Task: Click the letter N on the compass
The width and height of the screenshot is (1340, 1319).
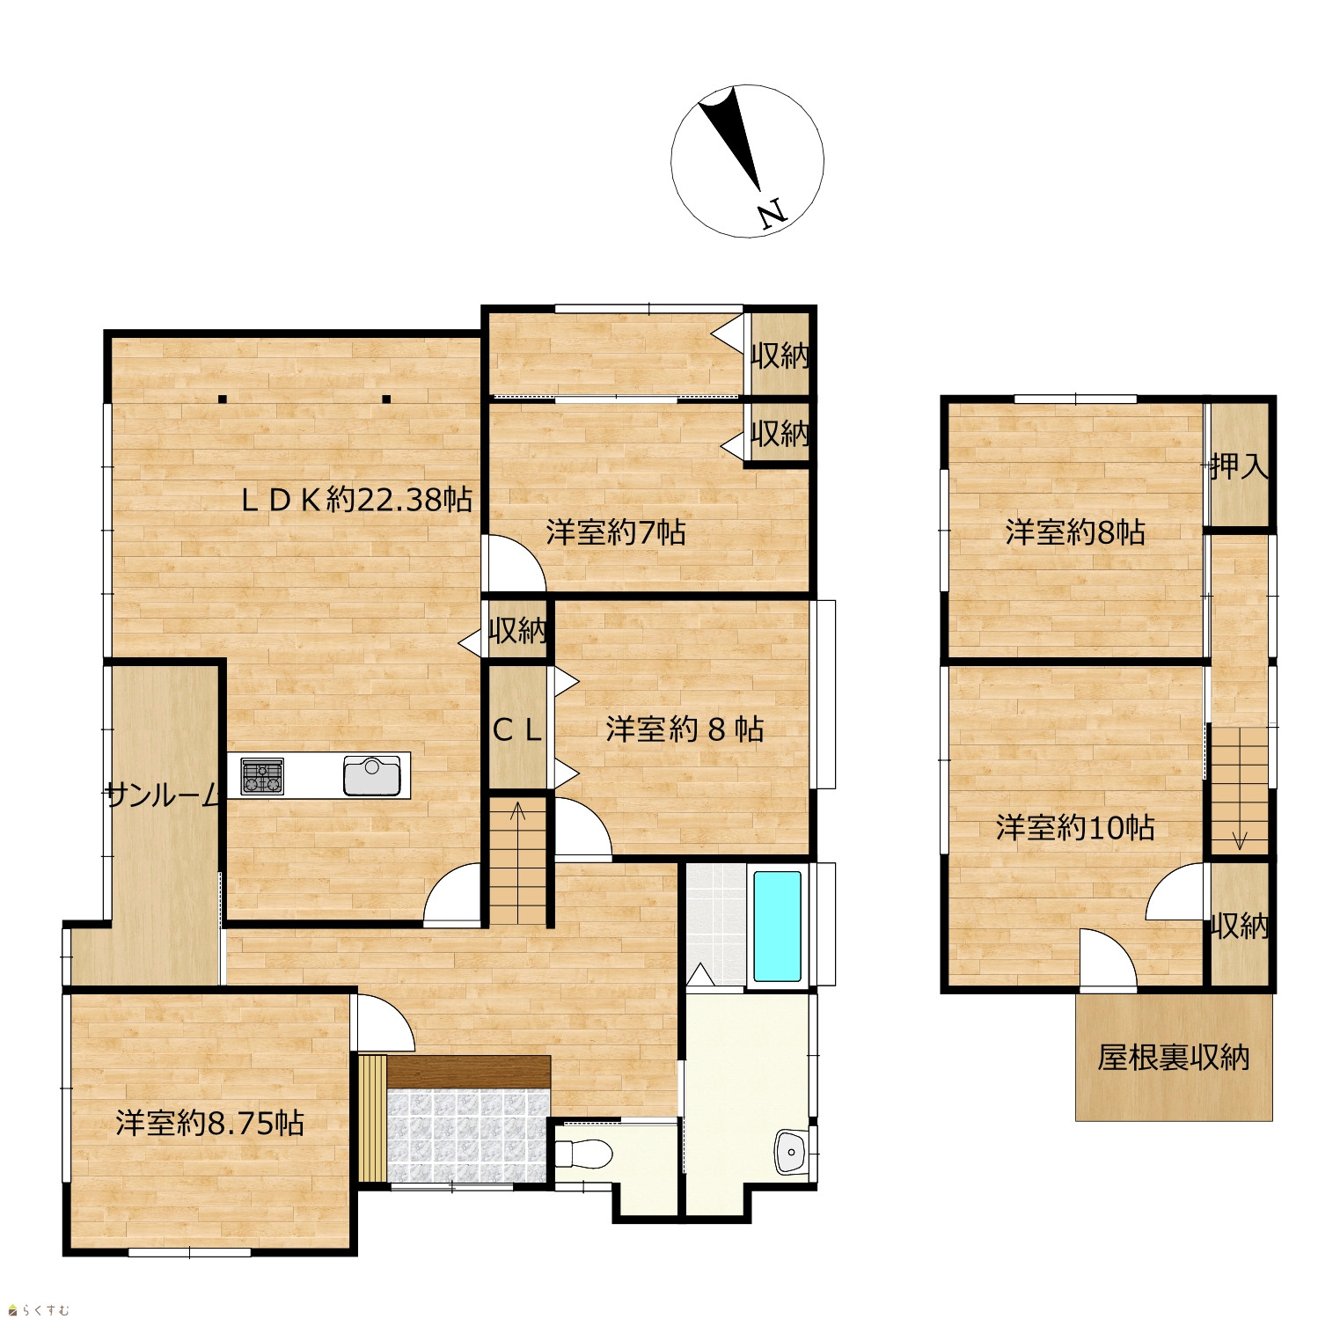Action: (x=772, y=215)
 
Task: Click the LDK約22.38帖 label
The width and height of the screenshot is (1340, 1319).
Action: (x=357, y=500)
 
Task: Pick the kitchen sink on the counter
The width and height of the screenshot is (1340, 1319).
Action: (x=371, y=776)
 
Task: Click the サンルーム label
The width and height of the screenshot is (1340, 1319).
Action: (x=163, y=795)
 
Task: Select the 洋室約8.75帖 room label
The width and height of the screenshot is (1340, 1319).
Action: (x=210, y=1123)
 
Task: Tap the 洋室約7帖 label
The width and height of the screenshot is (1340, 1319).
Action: (x=616, y=532)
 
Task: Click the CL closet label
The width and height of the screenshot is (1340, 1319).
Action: (x=517, y=729)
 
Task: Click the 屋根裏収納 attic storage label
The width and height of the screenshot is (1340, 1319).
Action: (x=1174, y=1057)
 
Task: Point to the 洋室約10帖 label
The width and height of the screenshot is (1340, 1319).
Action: (x=1075, y=827)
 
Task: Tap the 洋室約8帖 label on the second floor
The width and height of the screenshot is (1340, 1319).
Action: (x=1075, y=532)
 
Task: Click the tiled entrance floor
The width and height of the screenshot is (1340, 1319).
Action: (x=467, y=1136)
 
